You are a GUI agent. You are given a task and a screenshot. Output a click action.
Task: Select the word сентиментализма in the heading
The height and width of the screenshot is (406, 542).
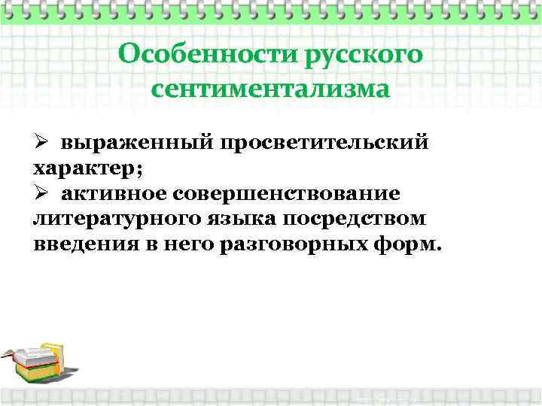(x=271, y=89)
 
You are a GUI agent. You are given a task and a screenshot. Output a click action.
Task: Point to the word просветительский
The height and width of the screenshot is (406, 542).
(x=328, y=142)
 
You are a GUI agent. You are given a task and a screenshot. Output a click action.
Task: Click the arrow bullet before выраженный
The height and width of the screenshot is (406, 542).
(x=41, y=142)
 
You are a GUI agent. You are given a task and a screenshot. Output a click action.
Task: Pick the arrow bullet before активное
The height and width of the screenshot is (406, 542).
(x=41, y=192)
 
